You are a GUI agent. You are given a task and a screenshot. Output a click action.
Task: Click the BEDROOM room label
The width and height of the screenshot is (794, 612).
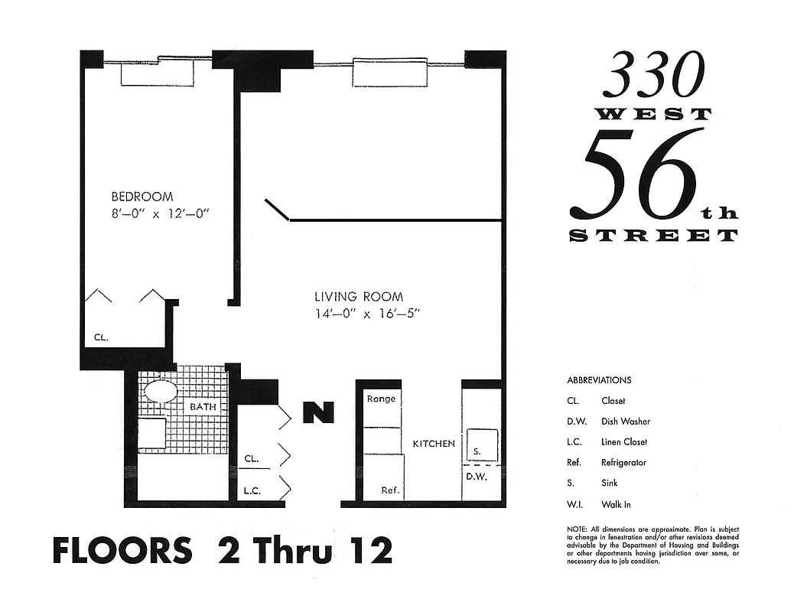coord(142,197)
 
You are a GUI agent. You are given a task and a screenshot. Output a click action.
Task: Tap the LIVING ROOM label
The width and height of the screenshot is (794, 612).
coord(358,297)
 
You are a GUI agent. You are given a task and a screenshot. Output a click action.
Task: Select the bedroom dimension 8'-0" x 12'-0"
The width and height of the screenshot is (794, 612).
coord(160,214)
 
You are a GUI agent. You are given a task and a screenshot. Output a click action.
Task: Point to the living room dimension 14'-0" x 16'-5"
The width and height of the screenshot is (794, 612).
coord(368,314)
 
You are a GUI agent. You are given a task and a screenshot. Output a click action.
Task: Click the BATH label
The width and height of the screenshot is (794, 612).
coord(203,407)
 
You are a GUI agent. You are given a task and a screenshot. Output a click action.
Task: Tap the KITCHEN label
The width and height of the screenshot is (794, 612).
coord(434,444)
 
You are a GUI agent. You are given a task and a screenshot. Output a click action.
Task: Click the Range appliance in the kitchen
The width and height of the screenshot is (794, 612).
coord(380,399)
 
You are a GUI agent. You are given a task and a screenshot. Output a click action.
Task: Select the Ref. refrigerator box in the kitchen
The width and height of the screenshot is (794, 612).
coord(392,490)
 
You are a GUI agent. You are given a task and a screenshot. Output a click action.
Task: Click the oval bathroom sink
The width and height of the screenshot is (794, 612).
coord(161,391)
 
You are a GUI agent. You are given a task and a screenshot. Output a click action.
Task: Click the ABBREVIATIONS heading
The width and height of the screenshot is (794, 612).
coord(599,380)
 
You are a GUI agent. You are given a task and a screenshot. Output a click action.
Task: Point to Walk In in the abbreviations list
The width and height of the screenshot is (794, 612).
coord(616,504)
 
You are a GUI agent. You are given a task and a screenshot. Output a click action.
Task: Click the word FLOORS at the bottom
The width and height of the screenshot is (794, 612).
coord(122,551)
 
